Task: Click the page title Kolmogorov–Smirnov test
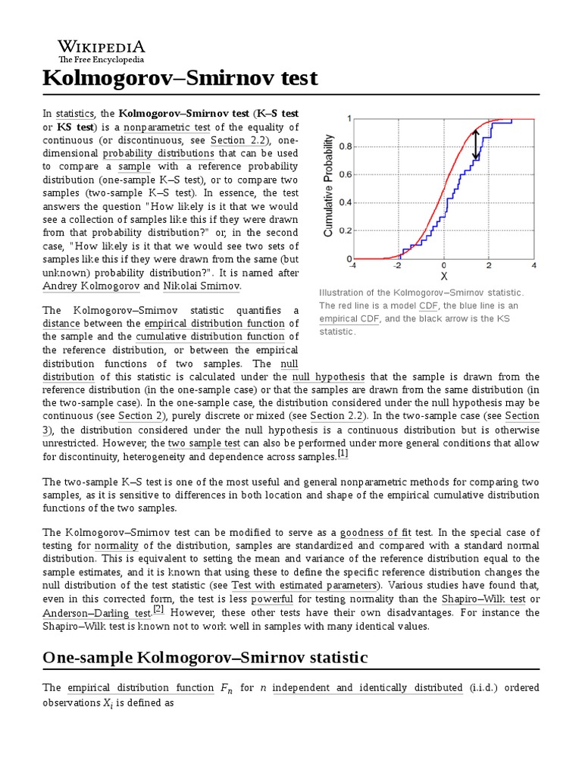point(180,78)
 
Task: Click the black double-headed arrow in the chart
point(476,145)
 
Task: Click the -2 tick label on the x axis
point(398,266)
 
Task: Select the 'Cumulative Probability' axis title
point(329,186)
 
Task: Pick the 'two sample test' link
point(204,443)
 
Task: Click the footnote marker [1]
point(343,454)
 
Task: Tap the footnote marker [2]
point(158,609)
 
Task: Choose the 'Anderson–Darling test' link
point(96,612)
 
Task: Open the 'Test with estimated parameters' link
point(304,586)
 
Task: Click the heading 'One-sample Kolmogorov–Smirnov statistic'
point(205,657)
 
